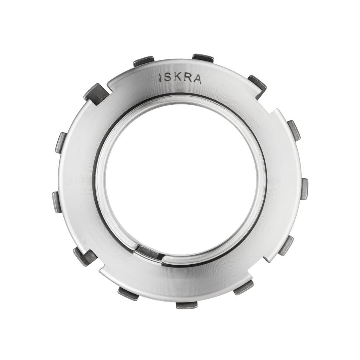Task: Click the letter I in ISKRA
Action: pos(161,78)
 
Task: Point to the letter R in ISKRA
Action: pos(188,79)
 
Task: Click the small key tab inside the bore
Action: pos(148,252)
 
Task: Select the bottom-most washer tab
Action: pos(186,305)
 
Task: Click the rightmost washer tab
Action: pos(304,189)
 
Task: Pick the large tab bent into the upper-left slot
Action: pos(96,94)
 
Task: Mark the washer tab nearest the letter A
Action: pos(203,58)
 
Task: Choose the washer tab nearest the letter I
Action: pos(144,62)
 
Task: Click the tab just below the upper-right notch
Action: pos(294,130)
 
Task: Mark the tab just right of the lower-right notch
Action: pos(286,245)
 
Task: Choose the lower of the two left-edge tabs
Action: pos(57,202)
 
